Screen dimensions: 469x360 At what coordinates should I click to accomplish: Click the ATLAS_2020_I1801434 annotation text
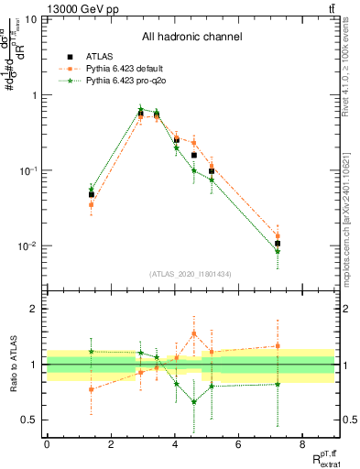tap(191, 274)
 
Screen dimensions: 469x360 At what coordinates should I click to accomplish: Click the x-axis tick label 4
tap(174, 445)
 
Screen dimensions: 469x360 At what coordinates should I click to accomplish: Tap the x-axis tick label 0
tap(47, 445)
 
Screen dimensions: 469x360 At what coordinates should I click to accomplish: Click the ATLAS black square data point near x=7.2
tap(278, 244)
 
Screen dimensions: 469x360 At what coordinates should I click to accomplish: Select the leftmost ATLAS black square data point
tap(92, 194)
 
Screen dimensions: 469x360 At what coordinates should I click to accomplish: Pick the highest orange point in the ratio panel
tap(194, 333)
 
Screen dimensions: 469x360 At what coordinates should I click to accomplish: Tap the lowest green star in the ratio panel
tap(194, 401)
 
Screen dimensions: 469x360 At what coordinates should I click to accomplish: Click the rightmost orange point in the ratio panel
tap(278, 346)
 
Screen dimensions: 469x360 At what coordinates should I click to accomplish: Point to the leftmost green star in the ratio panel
tap(92, 351)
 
